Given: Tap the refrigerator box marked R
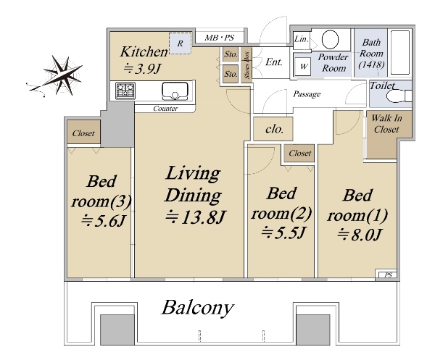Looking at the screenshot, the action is (181, 43).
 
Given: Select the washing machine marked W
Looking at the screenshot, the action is (304, 66).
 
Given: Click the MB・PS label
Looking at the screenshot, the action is (219, 38).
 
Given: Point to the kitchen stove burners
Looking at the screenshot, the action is (125, 91).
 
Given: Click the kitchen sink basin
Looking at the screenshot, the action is (175, 91).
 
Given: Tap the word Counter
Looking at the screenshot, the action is (165, 109).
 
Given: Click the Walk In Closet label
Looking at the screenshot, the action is (386, 124).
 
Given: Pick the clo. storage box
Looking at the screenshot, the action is (273, 129).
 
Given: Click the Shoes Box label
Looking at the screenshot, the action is (246, 65).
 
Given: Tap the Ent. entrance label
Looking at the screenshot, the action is (274, 62).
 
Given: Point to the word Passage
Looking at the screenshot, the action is (307, 94).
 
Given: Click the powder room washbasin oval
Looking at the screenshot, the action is (330, 40).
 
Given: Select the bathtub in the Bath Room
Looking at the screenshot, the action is (400, 52).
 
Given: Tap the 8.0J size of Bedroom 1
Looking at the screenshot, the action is (360, 235).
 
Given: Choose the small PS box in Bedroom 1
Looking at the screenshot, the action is (388, 275).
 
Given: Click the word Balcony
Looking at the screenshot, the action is (197, 308).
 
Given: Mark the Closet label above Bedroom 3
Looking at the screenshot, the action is (83, 133).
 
